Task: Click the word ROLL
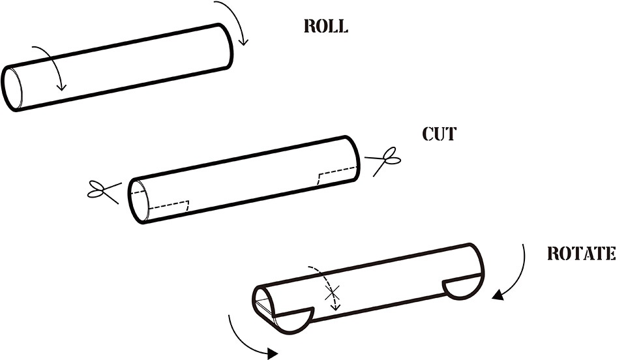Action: click(x=326, y=27)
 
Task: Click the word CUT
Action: click(x=440, y=134)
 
